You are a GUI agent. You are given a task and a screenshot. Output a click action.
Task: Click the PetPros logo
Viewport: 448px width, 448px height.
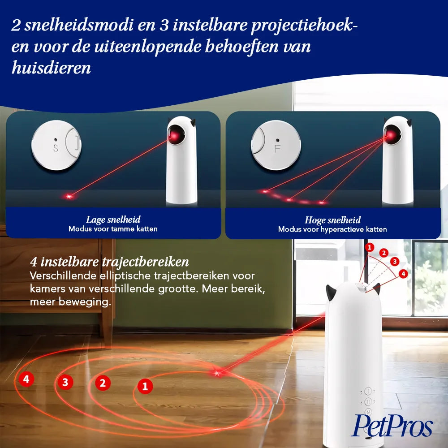[x=392, y=426]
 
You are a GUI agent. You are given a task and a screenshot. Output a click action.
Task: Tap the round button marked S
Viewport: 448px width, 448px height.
[x=56, y=145]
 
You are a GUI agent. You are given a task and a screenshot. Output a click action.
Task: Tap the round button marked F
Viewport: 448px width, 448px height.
[x=276, y=145]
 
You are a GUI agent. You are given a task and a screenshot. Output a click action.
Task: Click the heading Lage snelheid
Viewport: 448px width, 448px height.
[x=113, y=220]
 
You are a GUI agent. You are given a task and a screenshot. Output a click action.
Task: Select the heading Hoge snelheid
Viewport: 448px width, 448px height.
[x=332, y=220]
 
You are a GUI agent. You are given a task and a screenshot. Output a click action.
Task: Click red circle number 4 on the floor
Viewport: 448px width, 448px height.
[x=26, y=379]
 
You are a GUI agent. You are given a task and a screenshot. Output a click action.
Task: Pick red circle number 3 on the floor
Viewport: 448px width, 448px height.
[x=65, y=382]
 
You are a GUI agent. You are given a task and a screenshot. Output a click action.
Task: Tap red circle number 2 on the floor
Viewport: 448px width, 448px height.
[x=103, y=383]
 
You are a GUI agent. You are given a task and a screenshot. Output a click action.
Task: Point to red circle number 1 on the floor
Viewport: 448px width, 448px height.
[x=145, y=386]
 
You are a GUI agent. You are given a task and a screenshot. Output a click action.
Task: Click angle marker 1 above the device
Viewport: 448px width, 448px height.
[x=370, y=247]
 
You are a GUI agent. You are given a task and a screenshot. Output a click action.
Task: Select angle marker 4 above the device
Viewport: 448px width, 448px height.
[x=403, y=274]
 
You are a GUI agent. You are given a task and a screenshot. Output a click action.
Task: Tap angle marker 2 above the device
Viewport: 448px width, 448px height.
[x=384, y=253]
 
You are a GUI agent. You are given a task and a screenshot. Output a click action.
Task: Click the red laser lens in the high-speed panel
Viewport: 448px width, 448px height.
[x=391, y=133]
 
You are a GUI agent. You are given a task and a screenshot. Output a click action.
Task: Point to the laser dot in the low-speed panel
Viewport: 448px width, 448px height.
[x=69, y=196]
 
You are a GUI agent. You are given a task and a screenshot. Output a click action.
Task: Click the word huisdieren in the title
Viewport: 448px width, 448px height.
[x=52, y=68]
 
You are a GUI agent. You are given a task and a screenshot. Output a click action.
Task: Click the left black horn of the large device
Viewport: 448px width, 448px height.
[x=330, y=292]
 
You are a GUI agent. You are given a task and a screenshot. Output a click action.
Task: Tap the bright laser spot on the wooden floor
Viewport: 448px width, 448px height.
[x=217, y=373]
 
